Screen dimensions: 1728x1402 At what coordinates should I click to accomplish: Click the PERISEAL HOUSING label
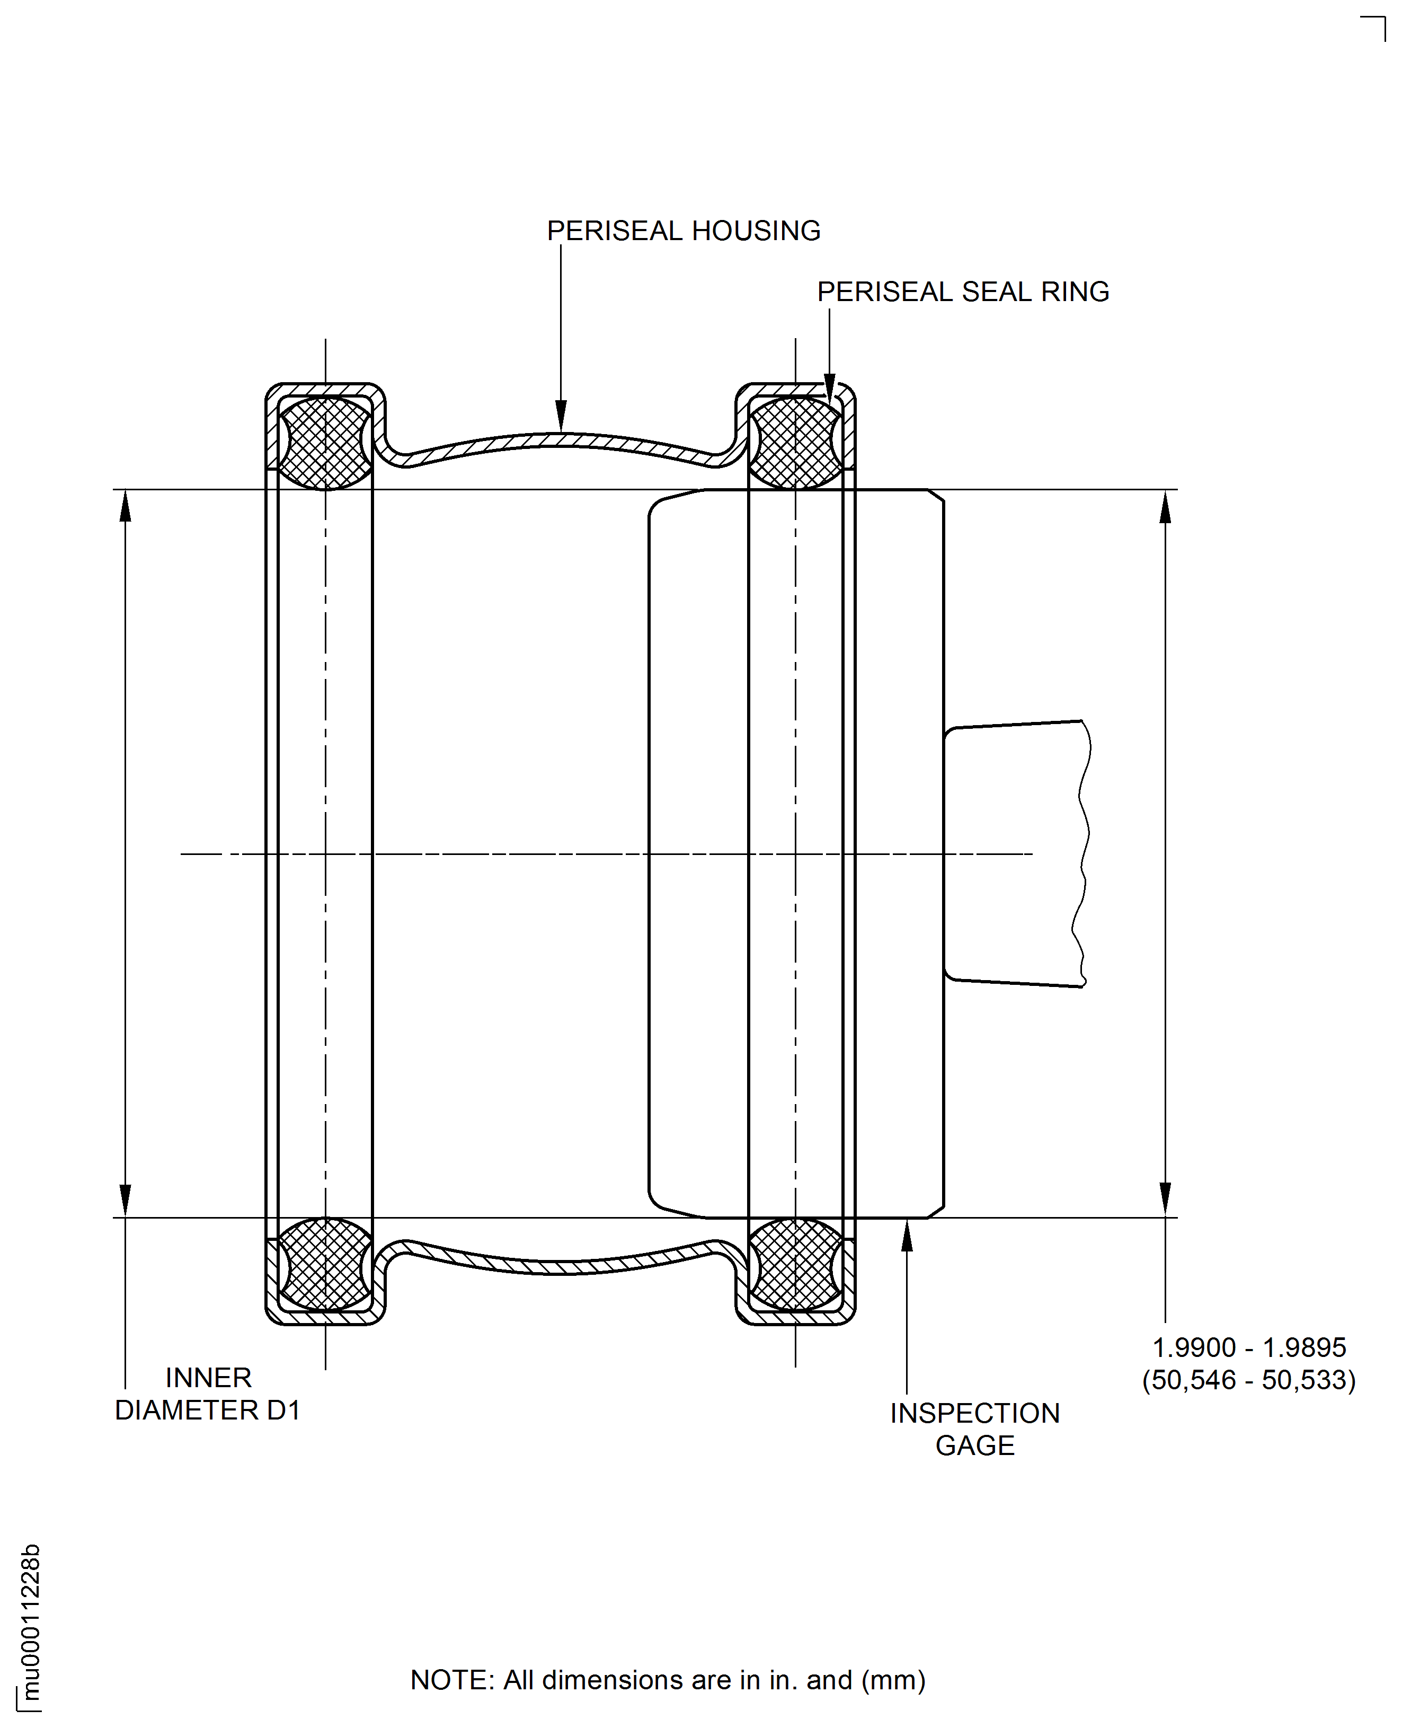pyautogui.click(x=683, y=231)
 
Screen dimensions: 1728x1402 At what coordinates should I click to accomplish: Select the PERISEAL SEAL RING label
pyautogui.click(x=963, y=292)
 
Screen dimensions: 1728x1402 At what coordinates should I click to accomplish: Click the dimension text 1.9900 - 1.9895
pyautogui.click(x=1248, y=1347)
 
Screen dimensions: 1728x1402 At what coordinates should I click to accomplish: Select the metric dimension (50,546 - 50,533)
pyautogui.click(x=1248, y=1380)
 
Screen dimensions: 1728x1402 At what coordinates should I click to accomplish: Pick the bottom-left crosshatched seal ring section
pyautogui.click(x=325, y=1264)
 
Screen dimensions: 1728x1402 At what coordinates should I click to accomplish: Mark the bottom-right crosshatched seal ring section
pyautogui.click(x=795, y=1264)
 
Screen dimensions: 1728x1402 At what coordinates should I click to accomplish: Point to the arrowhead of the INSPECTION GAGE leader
pyautogui.click(x=907, y=1236)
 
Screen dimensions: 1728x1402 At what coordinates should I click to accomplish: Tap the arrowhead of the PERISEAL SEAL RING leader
pyautogui.click(x=829, y=386)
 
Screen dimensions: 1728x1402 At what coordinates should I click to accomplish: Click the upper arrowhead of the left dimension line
pyautogui.click(x=125, y=507)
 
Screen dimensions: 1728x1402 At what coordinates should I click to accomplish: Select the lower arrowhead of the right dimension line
pyautogui.click(x=1165, y=1199)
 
